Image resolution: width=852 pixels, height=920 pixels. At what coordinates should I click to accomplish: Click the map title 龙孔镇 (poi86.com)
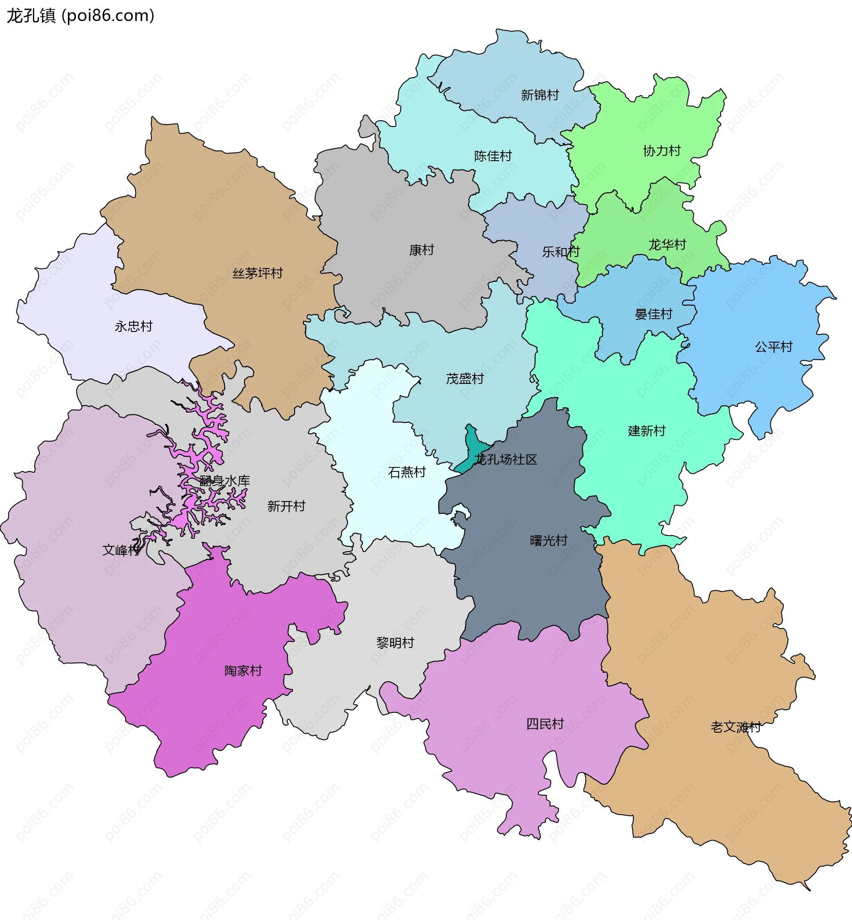[81, 16]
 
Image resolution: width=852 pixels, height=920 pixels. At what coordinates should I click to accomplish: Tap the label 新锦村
[540, 95]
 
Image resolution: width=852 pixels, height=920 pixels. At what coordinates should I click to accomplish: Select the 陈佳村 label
[493, 156]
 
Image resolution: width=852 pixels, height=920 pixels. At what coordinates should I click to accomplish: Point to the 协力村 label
[662, 151]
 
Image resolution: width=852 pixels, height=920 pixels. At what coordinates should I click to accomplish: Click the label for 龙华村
[667, 245]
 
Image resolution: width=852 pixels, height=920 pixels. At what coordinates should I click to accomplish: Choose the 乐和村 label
[560, 252]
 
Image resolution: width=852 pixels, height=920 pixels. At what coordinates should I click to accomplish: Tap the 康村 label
[422, 250]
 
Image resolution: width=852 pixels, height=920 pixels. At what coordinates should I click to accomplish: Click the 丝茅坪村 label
[257, 273]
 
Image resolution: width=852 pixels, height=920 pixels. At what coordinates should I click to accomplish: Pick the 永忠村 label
[133, 326]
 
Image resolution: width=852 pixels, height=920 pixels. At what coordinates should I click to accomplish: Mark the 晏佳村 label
[653, 314]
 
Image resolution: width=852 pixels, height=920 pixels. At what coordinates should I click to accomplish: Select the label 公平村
[773, 346]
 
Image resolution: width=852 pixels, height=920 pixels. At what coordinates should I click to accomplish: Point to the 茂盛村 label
[465, 379]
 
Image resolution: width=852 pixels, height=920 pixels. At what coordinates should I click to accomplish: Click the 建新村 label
[647, 431]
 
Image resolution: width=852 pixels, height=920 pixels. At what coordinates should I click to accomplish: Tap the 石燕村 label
[406, 472]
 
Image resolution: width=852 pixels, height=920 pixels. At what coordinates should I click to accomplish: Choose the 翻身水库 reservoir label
[225, 481]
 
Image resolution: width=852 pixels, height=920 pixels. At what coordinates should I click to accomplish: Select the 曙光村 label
[548, 541]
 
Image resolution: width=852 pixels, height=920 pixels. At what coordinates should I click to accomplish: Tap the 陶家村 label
[243, 671]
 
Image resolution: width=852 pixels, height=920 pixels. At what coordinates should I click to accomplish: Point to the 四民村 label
[545, 723]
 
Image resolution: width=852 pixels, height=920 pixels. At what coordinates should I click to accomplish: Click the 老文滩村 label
[735, 727]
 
